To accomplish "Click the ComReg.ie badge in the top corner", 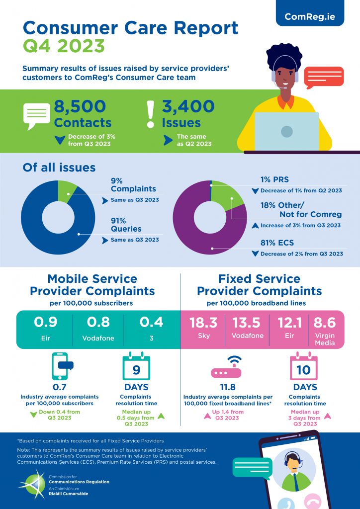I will click(310, 16).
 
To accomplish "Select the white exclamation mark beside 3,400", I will click(151, 114).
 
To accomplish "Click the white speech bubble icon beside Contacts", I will click(37, 115).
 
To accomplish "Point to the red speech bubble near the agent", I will click(323, 77).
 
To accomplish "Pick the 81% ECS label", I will click(277, 244).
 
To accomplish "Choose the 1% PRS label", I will click(274, 179).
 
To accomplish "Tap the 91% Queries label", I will click(126, 224).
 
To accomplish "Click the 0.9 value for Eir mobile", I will click(45, 323).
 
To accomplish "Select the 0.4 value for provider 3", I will click(151, 323).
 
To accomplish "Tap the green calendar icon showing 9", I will click(136, 367).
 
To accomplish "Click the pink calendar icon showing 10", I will click(303, 367).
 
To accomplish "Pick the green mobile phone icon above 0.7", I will click(61, 367).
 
